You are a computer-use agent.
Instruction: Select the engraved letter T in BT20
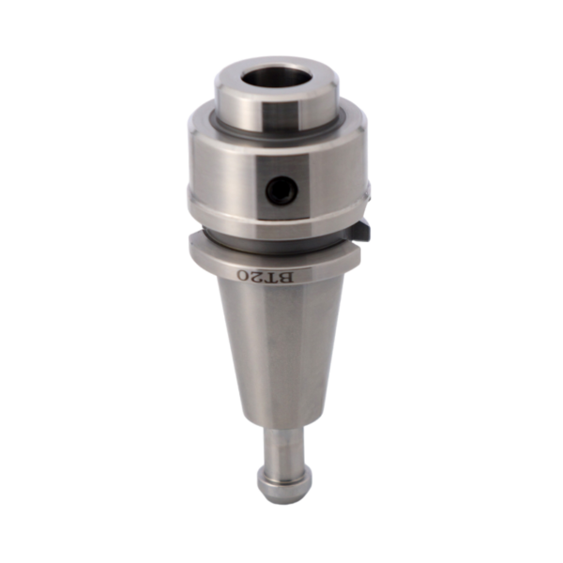click(x=274, y=277)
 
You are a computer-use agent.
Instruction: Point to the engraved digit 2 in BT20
click(x=259, y=276)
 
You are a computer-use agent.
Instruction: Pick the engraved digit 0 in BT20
click(x=244, y=275)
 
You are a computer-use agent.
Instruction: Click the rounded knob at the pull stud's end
click(x=284, y=481)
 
